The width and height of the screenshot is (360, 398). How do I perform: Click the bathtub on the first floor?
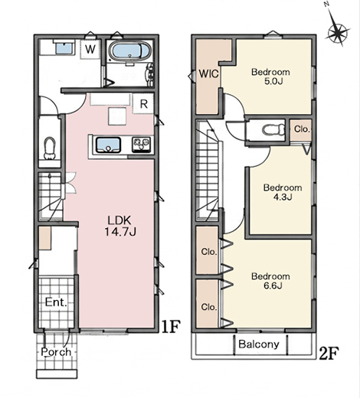click(126, 51)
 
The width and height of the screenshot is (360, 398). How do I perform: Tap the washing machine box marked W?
click(90, 49)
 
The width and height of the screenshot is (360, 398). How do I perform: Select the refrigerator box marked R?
click(143, 103)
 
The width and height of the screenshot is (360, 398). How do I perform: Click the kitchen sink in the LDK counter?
click(108, 145)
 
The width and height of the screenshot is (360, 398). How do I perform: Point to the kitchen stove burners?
click(141, 145)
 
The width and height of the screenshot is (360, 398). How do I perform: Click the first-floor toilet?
click(50, 148)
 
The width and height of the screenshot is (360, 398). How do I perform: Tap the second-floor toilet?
click(273, 129)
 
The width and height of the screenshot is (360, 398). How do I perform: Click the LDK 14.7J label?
click(119, 226)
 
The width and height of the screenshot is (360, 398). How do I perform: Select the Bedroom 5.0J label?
click(270, 77)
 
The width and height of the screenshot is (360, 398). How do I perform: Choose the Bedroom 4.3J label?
click(283, 192)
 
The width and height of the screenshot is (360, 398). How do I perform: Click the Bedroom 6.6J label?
click(270, 281)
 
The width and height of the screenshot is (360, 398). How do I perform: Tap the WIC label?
click(208, 73)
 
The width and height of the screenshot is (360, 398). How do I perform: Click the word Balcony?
click(259, 344)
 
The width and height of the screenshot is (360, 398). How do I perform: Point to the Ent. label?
click(56, 302)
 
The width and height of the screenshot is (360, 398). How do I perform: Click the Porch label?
click(56, 352)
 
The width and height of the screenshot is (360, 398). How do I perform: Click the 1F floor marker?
click(171, 326)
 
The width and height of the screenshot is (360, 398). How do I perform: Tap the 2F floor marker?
click(329, 354)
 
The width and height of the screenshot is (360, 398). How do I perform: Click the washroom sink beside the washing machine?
click(64, 47)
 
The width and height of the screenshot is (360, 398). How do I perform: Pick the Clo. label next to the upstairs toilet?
click(302, 129)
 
